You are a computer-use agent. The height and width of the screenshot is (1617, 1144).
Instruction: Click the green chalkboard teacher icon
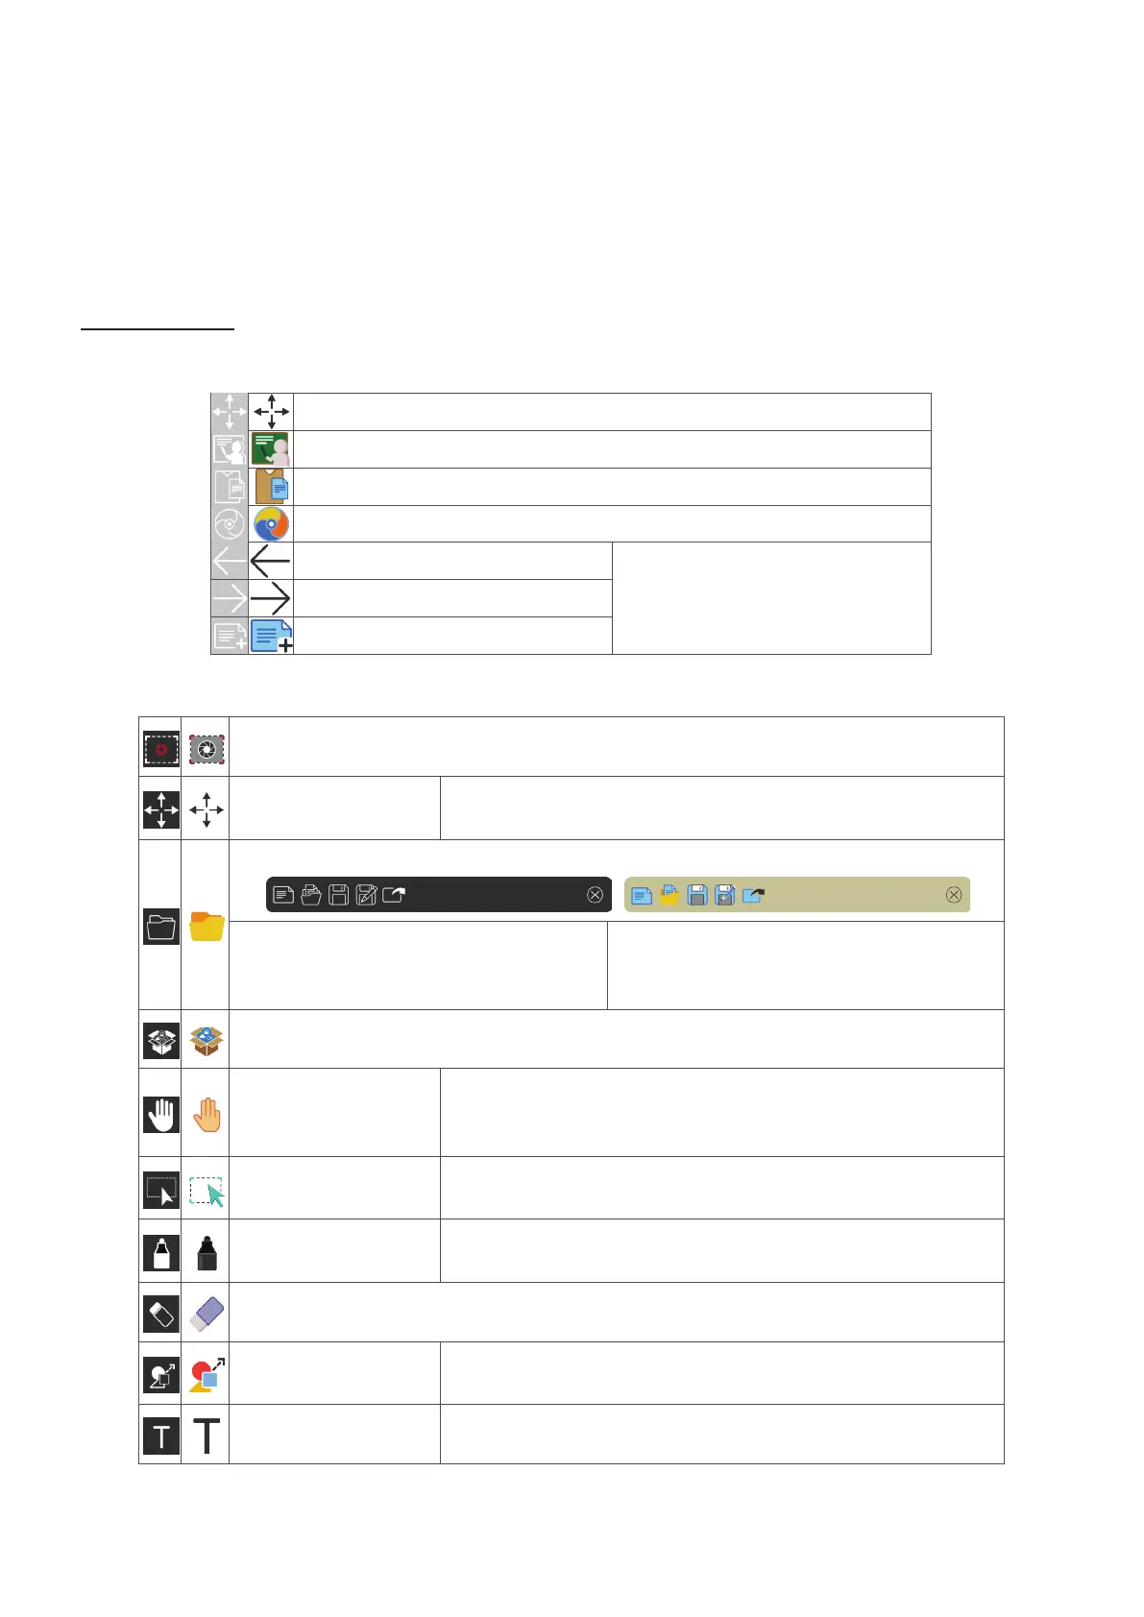coord(271,449)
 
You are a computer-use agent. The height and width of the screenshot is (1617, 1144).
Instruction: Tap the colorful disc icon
coord(271,524)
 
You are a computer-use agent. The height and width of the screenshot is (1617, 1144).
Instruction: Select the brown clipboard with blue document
coord(272,487)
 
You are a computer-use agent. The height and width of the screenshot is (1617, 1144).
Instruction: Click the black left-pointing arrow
coord(270,561)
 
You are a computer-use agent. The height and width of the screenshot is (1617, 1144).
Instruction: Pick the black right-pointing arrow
coord(270,599)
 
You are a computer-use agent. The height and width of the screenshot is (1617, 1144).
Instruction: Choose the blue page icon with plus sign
coord(271,636)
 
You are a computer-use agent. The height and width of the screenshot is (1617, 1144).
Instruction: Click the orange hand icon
coord(207,1115)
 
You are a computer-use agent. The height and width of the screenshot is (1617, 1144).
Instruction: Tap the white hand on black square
coord(161,1115)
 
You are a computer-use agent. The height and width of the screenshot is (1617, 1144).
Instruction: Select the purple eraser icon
coord(207,1314)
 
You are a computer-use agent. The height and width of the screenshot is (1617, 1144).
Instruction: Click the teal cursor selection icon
coord(207,1192)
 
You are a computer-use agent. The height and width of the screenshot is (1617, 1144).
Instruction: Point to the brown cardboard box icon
coord(207,1040)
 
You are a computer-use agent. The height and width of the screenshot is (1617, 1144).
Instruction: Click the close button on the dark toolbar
coord(595,895)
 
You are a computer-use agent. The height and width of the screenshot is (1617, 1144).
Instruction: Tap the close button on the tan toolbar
coord(954,895)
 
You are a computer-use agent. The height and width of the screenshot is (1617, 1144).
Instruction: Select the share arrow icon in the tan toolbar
coord(753,895)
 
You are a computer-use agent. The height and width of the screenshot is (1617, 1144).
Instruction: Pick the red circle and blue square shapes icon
coord(206,1375)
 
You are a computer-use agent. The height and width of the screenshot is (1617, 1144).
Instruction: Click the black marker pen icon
coord(207,1253)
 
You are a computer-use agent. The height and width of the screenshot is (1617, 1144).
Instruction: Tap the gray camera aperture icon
coord(207,749)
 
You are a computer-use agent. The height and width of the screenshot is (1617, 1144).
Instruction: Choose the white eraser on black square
coord(161,1314)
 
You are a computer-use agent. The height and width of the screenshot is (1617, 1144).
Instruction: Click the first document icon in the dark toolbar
coord(283,895)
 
